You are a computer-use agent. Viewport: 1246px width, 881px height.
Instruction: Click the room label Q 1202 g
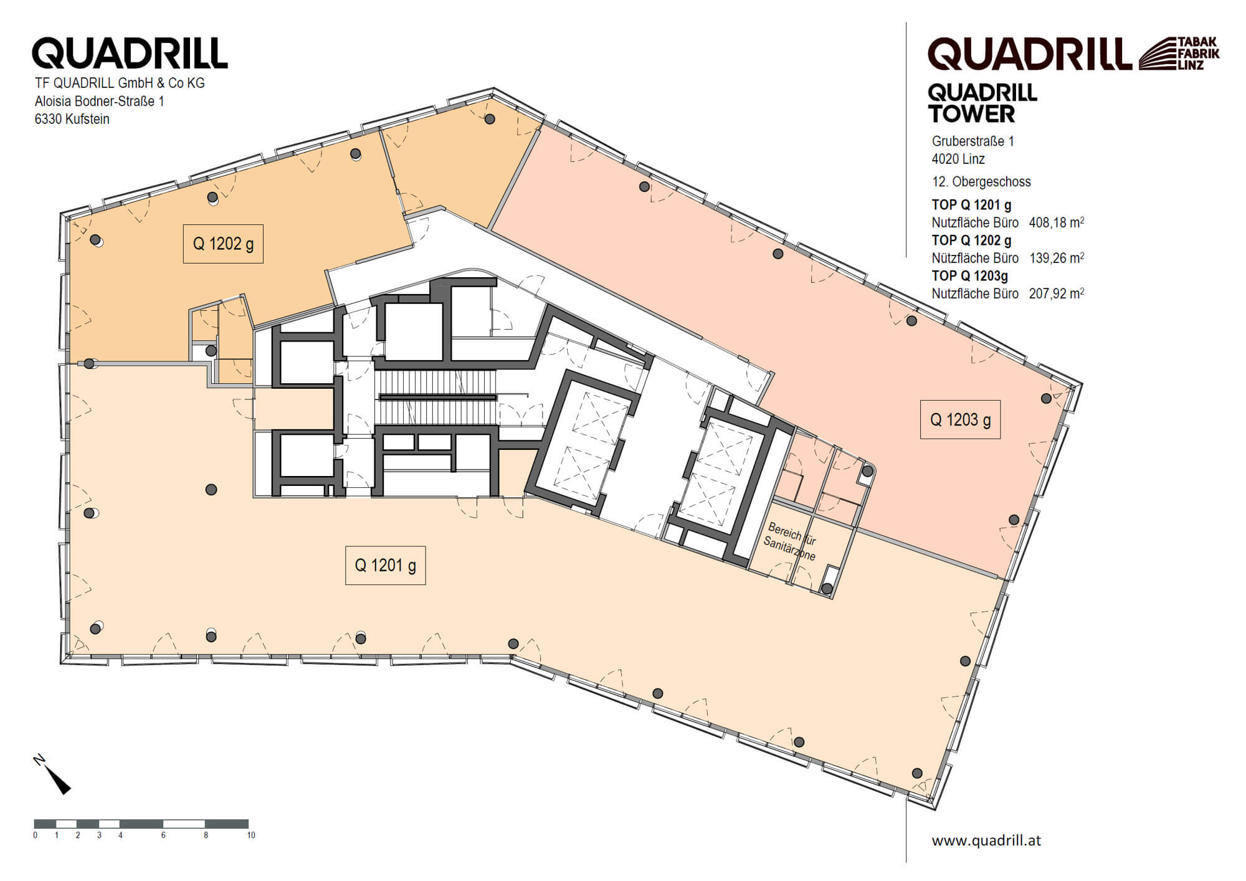(223, 244)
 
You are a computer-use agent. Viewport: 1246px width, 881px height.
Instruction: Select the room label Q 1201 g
(385, 565)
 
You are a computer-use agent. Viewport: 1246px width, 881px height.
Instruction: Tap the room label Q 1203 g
(960, 419)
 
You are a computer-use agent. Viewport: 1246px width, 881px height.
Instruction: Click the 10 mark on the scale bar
(250, 835)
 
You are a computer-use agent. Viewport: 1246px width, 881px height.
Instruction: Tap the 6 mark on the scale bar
(163, 835)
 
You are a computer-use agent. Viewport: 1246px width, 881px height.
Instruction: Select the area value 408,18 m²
(1056, 222)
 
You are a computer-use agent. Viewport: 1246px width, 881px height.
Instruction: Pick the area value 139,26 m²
(1056, 258)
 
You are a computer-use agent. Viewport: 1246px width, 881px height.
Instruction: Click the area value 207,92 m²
(1056, 293)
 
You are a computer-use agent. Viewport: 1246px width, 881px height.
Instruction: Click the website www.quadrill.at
(986, 841)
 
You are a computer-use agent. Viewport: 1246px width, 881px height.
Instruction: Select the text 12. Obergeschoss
(981, 182)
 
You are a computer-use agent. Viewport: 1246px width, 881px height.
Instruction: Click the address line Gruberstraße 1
(973, 141)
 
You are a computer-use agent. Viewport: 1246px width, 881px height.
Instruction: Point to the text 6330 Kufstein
(72, 119)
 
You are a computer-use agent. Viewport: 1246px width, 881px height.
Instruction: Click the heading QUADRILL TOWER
(982, 103)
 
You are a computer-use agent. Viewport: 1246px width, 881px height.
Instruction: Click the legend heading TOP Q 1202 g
(971, 240)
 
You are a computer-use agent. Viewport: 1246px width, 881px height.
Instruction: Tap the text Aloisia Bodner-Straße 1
(100, 101)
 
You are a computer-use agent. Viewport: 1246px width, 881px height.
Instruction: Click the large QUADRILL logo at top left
(130, 53)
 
